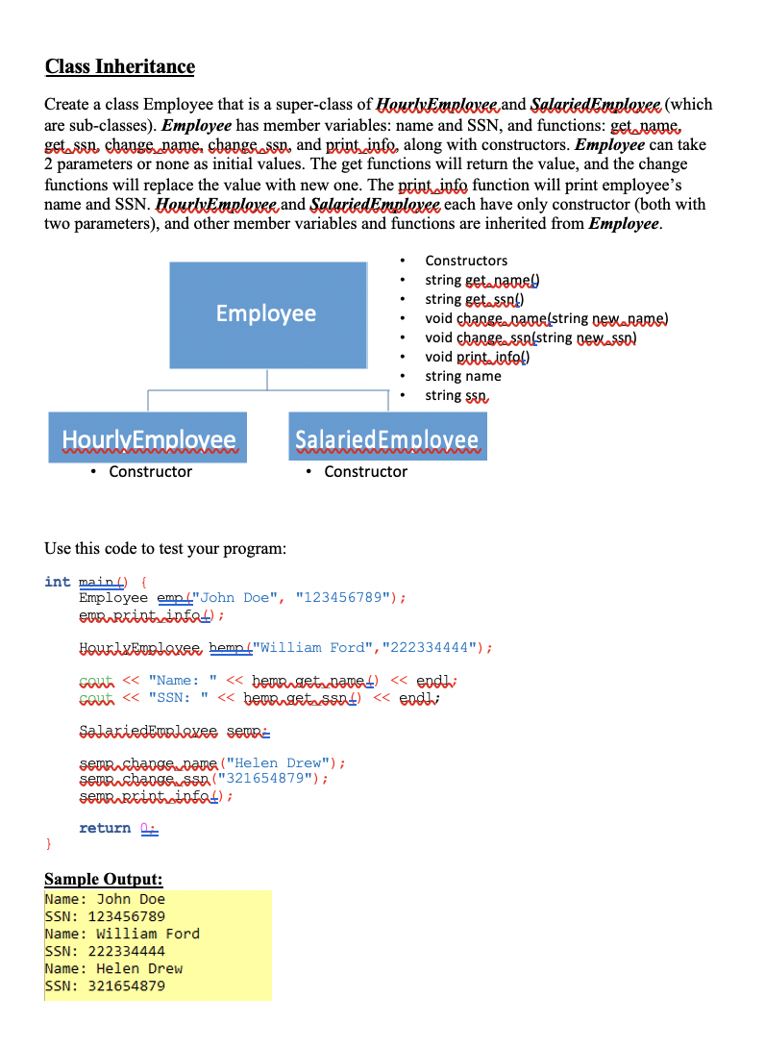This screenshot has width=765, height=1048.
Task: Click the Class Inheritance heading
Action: (x=119, y=66)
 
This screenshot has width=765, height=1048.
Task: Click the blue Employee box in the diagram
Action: (x=267, y=314)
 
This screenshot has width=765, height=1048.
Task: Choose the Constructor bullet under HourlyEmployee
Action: (x=150, y=472)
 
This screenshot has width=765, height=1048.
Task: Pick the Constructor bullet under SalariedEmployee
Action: (x=365, y=472)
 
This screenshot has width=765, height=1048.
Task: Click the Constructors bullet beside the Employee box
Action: (x=466, y=261)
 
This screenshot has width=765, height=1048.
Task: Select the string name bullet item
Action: (x=463, y=376)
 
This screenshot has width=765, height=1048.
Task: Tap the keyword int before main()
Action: (x=57, y=582)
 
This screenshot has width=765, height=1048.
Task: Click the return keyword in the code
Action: (x=105, y=828)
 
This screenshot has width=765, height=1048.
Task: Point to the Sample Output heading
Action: (x=104, y=879)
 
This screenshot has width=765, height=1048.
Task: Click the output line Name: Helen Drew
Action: (x=113, y=968)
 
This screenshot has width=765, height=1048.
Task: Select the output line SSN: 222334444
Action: (x=105, y=951)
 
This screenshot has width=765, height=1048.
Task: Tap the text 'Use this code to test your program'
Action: (x=165, y=549)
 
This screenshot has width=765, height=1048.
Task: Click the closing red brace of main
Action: (x=48, y=843)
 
